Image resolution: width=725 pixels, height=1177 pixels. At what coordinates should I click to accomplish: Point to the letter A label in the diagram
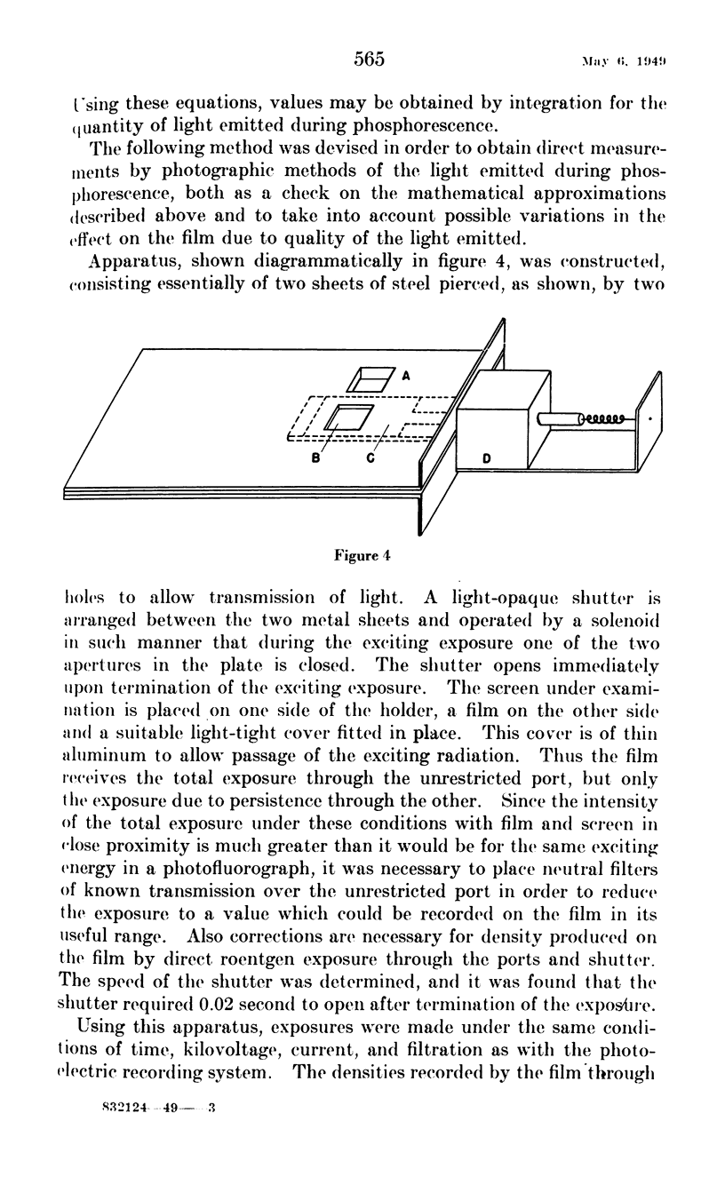coord(405,376)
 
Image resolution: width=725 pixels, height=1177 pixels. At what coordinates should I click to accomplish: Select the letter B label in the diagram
coord(314,459)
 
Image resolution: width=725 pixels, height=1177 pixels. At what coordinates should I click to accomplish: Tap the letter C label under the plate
coord(370,459)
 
